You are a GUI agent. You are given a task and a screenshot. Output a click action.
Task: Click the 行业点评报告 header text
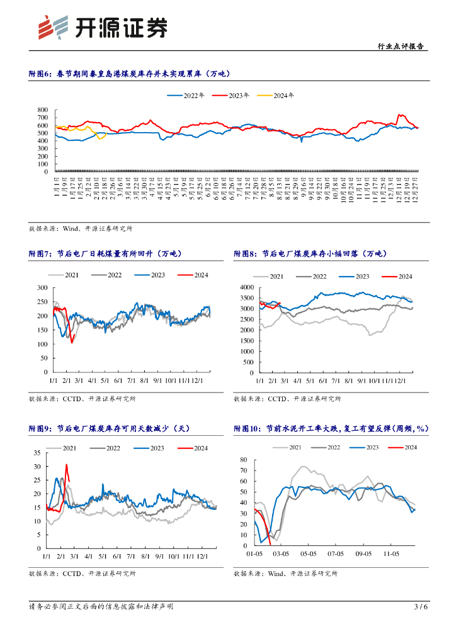point(403,46)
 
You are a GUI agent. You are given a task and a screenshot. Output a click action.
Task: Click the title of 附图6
point(130,74)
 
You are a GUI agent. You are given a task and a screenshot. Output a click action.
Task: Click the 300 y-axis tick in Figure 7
point(43,287)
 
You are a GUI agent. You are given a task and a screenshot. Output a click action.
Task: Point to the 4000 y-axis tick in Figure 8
point(247,287)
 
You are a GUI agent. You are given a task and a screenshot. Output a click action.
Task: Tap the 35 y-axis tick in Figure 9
point(37,453)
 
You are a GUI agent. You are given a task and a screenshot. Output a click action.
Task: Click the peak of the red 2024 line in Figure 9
point(66,465)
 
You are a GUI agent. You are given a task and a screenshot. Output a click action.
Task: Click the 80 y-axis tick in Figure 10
point(244,460)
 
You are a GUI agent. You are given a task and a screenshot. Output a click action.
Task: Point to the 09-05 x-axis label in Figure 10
point(365,554)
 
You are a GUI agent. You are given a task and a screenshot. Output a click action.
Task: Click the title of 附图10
point(331,428)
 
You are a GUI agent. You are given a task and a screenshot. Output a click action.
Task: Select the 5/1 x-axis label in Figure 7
point(104,380)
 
